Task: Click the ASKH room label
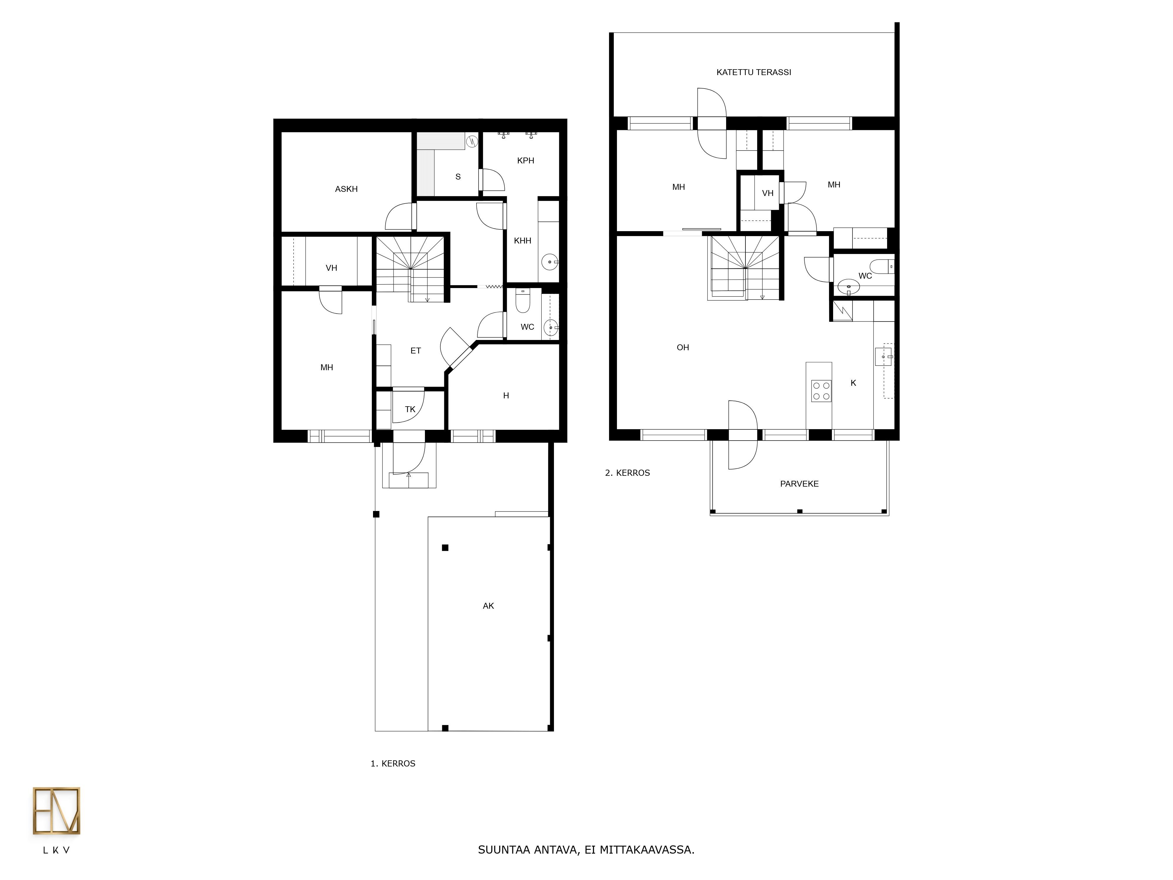[x=346, y=189]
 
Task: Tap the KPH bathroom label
[x=526, y=160]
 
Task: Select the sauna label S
[x=458, y=177]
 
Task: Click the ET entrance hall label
[x=416, y=351]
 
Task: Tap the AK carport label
[x=488, y=606]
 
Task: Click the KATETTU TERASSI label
[x=754, y=72]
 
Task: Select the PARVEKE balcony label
[x=799, y=484]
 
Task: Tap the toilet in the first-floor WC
[x=523, y=300]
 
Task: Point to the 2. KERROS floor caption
[x=627, y=473]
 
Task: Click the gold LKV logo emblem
[x=56, y=810]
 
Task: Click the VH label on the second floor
[x=767, y=193]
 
